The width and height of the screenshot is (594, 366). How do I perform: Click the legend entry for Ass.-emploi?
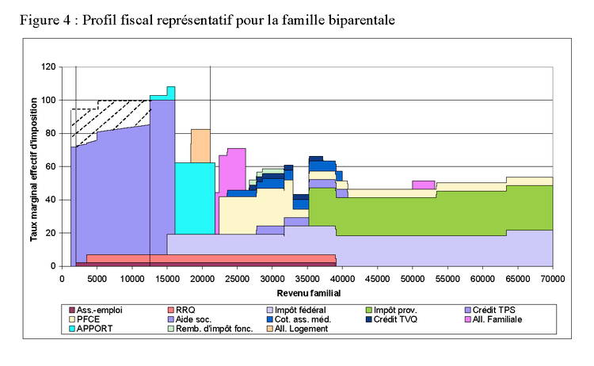point(98,310)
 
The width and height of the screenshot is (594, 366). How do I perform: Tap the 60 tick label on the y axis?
point(51,167)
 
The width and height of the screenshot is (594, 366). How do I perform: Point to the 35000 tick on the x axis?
point(307,278)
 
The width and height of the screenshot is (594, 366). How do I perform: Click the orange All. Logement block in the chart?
point(200,146)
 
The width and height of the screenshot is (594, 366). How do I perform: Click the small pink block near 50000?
point(424,185)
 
